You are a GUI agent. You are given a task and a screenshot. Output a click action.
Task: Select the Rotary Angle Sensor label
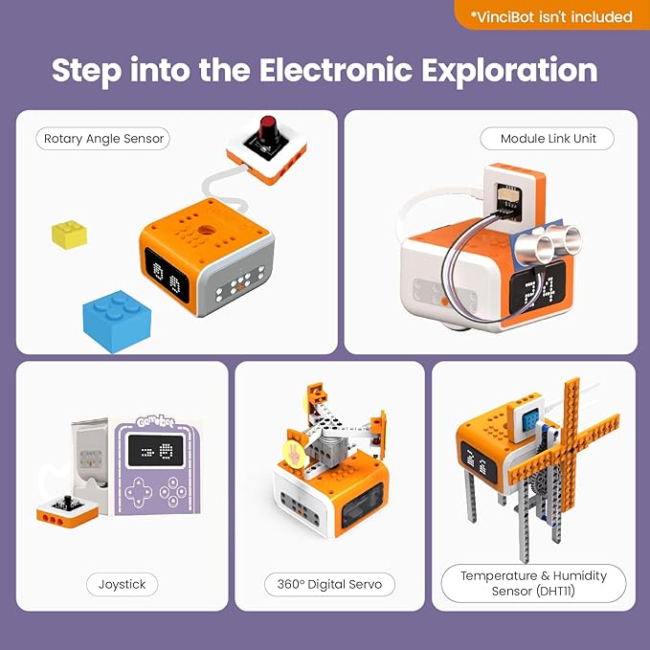pyautogui.click(x=104, y=139)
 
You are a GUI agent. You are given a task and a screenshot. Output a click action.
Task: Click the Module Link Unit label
pyautogui.click(x=548, y=139)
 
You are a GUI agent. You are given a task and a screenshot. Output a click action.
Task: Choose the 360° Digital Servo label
pyautogui.click(x=329, y=583)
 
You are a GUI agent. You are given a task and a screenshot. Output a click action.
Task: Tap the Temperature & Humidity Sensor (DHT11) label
pyautogui.click(x=533, y=583)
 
